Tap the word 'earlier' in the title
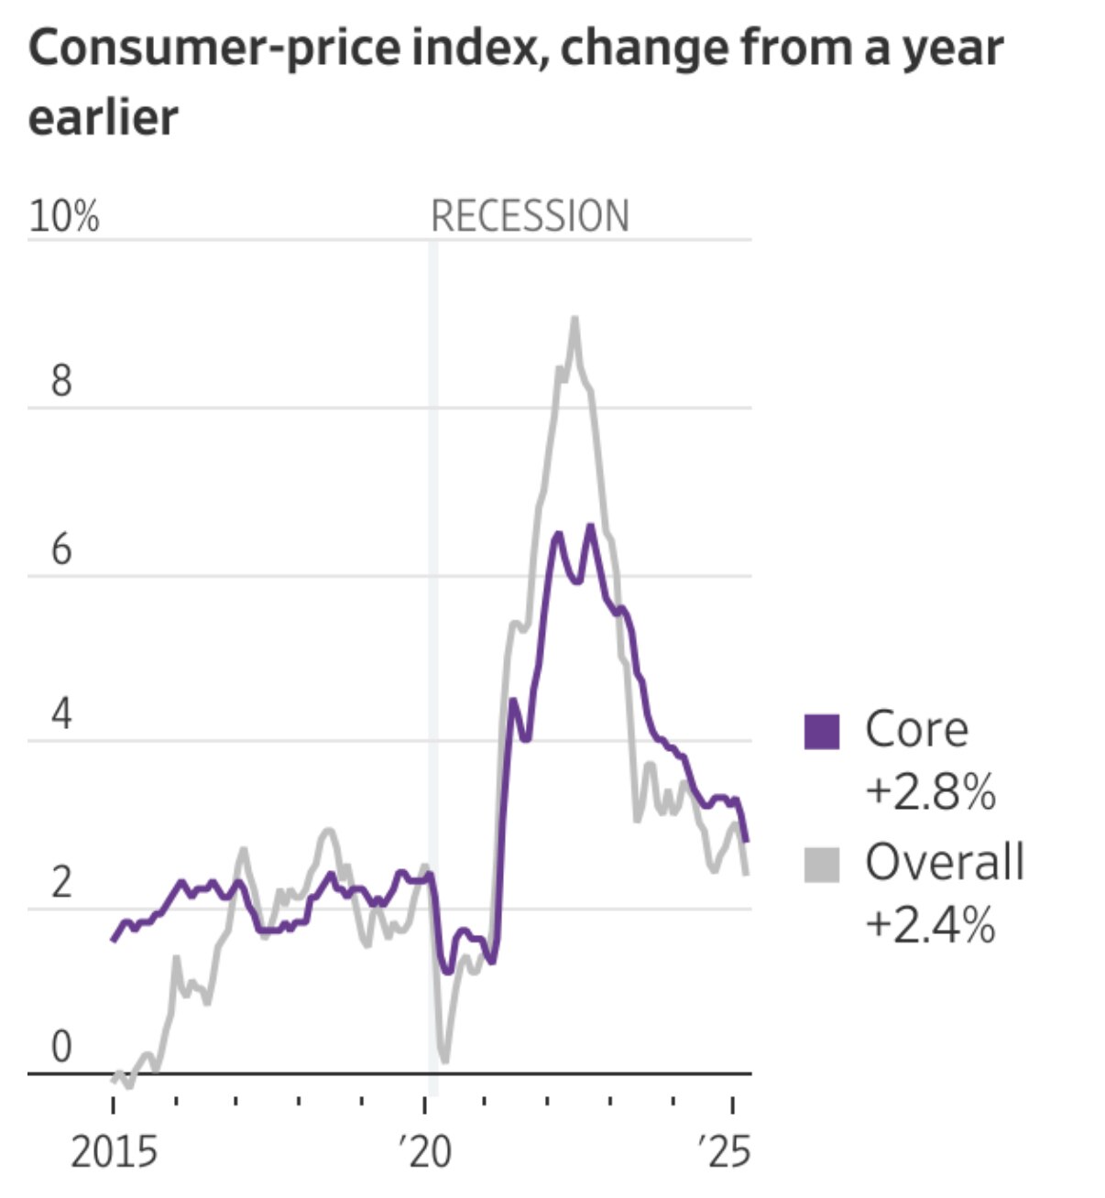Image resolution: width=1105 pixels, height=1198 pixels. (104, 118)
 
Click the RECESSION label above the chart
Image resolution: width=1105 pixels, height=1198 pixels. (530, 217)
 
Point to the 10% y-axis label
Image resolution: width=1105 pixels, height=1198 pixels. (63, 217)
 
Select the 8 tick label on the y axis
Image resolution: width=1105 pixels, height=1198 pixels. (61, 380)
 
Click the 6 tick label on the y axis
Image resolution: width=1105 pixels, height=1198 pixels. (61, 550)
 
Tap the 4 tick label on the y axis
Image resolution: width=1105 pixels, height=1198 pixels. (61, 713)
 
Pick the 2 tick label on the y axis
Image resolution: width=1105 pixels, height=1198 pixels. (61, 883)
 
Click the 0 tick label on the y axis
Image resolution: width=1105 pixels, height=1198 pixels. (61, 1047)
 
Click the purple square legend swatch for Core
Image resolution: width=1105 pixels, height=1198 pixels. (821, 732)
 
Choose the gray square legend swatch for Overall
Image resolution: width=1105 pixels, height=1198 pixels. (821, 865)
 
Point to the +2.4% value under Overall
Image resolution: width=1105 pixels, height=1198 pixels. (929, 924)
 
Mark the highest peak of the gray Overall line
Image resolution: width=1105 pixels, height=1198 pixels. (574, 319)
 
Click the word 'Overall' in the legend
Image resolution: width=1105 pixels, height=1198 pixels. (944, 863)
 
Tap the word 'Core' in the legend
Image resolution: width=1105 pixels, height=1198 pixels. (916, 730)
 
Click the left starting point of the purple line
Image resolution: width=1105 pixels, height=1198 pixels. (114, 940)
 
